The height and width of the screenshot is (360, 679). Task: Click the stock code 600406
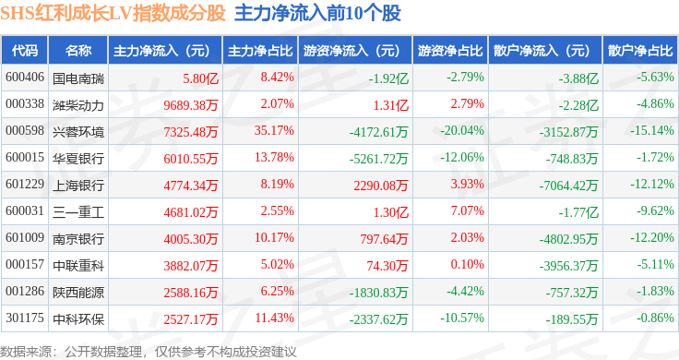(x=25, y=78)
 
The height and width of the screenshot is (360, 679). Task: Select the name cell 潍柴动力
(x=78, y=105)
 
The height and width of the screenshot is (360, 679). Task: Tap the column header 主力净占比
(x=260, y=51)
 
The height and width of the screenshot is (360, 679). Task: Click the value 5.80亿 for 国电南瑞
(x=200, y=78)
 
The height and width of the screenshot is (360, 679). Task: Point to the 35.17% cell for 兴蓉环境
(x=274, y=130)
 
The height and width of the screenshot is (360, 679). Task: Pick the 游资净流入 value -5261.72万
(x=378, y=159)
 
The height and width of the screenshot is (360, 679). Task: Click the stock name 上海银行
(x=78, y=186)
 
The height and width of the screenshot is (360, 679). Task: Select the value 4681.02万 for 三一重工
(x=191, y=212)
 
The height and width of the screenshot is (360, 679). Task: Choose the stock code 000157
(x=25, y=264)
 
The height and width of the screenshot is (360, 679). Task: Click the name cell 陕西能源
(x=78, y=293)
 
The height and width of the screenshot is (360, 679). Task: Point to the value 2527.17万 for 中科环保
(x=191, y=319)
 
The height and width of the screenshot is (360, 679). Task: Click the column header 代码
(x=25, y=51)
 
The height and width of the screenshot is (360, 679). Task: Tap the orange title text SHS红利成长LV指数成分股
(x=113, y=13)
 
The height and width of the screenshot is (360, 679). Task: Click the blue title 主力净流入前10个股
(x=318, y=13)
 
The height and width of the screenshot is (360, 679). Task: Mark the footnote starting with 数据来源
(x=149, y=352)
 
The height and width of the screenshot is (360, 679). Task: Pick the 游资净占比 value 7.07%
(x=467, y=210)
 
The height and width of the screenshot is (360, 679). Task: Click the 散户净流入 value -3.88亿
(x=578, y=78)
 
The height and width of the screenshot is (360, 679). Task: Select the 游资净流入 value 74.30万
(x=387, y=266)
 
